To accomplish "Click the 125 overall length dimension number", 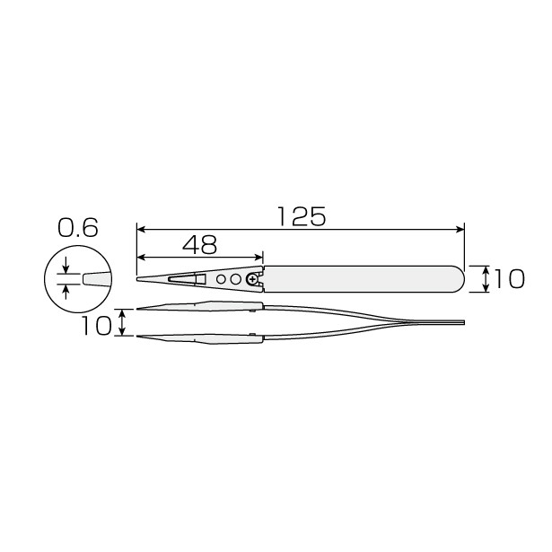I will [x=301, y=216].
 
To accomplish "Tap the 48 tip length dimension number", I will [x=198, y=244].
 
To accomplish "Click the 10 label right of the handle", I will [x=509, y=280].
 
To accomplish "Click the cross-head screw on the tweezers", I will [x=252, y=280].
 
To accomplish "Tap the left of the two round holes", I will [x=222, y=279].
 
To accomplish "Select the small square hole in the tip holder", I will [x=200, y=279].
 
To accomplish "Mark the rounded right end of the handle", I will [x=458, y=279].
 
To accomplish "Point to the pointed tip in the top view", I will [x=139, y=279].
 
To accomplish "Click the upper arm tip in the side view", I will [x=140, y=309].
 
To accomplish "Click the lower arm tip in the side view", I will [x=140, y=337].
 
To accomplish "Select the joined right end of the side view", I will [x=461, y=322].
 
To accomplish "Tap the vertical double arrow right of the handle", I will [x=486, y=279].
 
